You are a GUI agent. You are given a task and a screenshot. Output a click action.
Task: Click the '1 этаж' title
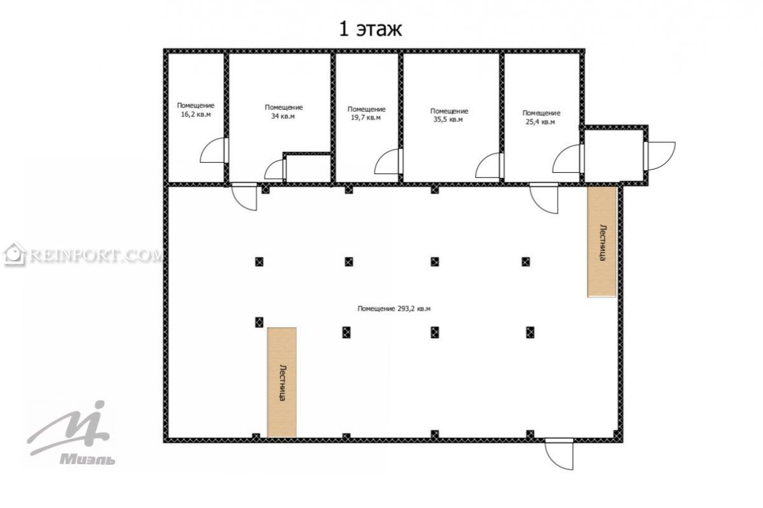371,29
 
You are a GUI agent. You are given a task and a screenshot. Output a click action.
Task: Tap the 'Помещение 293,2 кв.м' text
394,309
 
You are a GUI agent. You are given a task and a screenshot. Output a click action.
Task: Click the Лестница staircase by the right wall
602,242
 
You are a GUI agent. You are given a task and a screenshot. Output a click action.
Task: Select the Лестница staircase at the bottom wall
282,382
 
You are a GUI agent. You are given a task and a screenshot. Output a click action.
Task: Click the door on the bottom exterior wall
559,454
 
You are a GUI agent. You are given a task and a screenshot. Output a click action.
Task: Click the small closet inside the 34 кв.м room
308,168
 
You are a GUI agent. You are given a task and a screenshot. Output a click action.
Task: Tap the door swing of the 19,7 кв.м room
388,161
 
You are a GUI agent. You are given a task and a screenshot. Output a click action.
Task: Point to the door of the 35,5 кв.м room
490,165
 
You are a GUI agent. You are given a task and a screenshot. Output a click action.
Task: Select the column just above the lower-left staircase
259,322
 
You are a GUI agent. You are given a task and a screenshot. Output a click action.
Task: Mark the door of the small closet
275,169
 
